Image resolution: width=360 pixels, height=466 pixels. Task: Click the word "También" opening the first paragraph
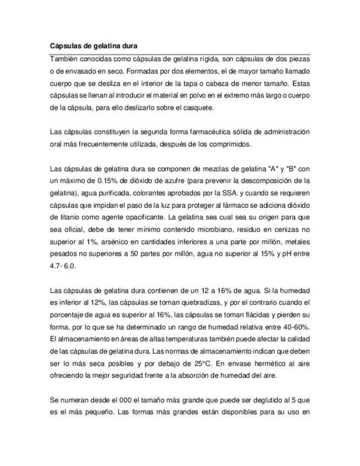(x=64, y=59)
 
